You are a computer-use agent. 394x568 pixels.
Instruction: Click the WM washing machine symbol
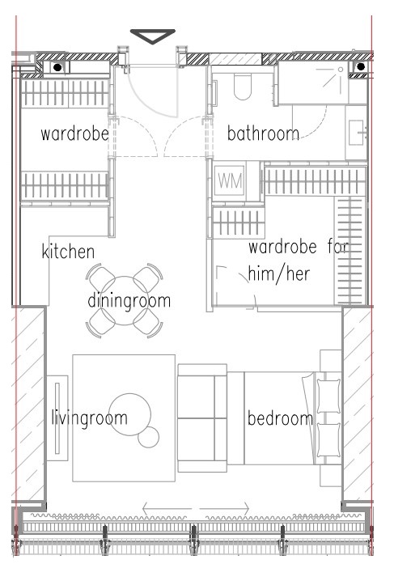[x=230, y=180]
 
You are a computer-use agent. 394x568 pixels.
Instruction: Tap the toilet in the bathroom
[x=242, y=87]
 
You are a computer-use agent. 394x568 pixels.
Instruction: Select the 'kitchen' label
[x=68, y=252]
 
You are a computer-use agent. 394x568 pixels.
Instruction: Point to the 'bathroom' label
[x=263, y=134]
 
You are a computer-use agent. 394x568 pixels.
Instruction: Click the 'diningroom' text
[x=129, y=301]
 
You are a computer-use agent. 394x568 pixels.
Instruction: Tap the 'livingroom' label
[x=90, y=418]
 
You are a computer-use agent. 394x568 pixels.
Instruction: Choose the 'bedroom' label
[x=280, y=418]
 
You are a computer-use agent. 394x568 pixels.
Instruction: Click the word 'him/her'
[x=279, y=273]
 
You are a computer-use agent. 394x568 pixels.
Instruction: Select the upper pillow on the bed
[x=328, y=396]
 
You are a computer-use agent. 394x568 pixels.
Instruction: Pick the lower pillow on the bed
[x=328, y=440]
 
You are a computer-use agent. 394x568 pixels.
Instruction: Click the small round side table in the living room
[x=149, y=437]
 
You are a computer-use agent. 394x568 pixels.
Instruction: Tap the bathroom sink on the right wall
[x=356, y=133]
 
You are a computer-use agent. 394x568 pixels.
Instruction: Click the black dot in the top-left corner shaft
[x=57, y=67]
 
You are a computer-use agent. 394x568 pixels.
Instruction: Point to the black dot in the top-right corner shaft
[x=360, y=66]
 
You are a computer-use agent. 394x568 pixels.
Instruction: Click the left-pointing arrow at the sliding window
[x=167, y=509]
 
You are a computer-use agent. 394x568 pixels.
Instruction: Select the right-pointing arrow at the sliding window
[x=224, y=509]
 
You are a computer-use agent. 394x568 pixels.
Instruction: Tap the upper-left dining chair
[x=100, y=278]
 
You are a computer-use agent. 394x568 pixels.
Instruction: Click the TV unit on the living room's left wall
[x=57, y=418]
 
